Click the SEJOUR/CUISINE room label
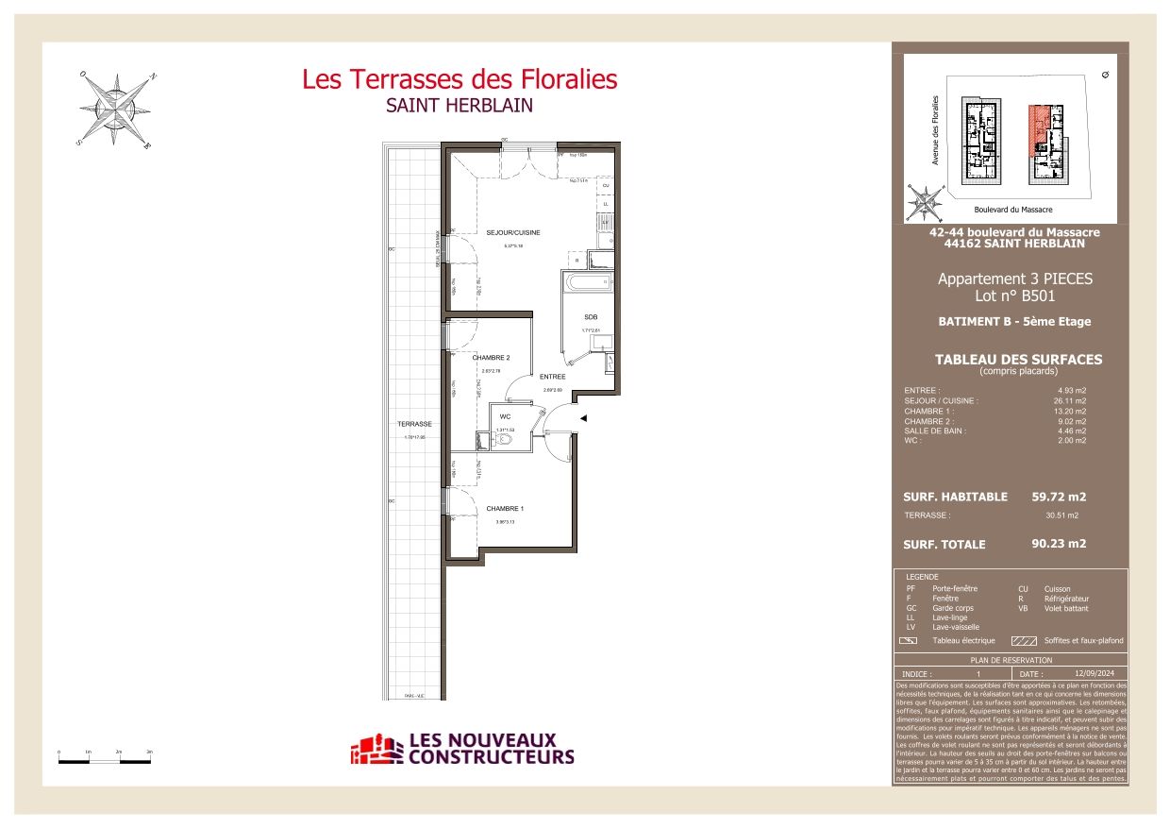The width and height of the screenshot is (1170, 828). click(513, 232)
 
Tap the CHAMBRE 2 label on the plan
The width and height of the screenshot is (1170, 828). click(491, 358)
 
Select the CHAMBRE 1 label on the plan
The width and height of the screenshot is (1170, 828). click(505, 509)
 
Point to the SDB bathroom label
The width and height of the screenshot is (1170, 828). click(591, 316)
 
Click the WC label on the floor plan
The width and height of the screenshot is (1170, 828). click(505, 416)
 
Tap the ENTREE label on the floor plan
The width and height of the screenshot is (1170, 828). click(552, 377)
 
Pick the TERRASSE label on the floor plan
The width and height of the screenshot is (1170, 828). click(414, 424)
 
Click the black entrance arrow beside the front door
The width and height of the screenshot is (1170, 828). click(583, 418)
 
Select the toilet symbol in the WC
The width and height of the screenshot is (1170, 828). click(505, 439)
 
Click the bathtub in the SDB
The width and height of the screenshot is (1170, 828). click(586, 283)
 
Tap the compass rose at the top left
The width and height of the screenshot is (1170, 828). click(116, 110)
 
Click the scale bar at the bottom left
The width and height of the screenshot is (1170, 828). click(105, 757)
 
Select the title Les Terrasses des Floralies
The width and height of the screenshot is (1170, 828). click(460, 79)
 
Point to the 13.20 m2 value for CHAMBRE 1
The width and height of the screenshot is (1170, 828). click(1069, 411)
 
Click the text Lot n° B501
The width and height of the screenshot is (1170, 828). click(1014, 296)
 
